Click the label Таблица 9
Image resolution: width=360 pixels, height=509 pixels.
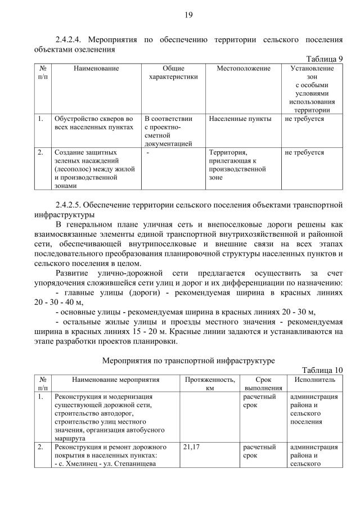point(324,59)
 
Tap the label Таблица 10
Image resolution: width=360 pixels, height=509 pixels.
point(322,370)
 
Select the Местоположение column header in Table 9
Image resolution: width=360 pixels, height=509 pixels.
point(244,69)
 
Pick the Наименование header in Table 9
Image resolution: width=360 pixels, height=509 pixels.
point(96,69)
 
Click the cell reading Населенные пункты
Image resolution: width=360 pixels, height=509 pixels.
point(240,119)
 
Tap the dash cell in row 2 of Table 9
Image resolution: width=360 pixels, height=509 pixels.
point(148,152)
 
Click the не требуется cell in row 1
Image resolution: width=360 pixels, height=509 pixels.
point(304,119)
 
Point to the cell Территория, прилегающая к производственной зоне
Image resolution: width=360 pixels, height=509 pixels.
point(237,165)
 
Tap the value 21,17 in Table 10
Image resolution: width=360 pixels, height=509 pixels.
point(192,448)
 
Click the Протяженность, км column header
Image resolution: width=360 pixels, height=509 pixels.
point(210,384)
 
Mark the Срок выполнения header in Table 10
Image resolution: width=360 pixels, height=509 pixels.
point(262,384)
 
